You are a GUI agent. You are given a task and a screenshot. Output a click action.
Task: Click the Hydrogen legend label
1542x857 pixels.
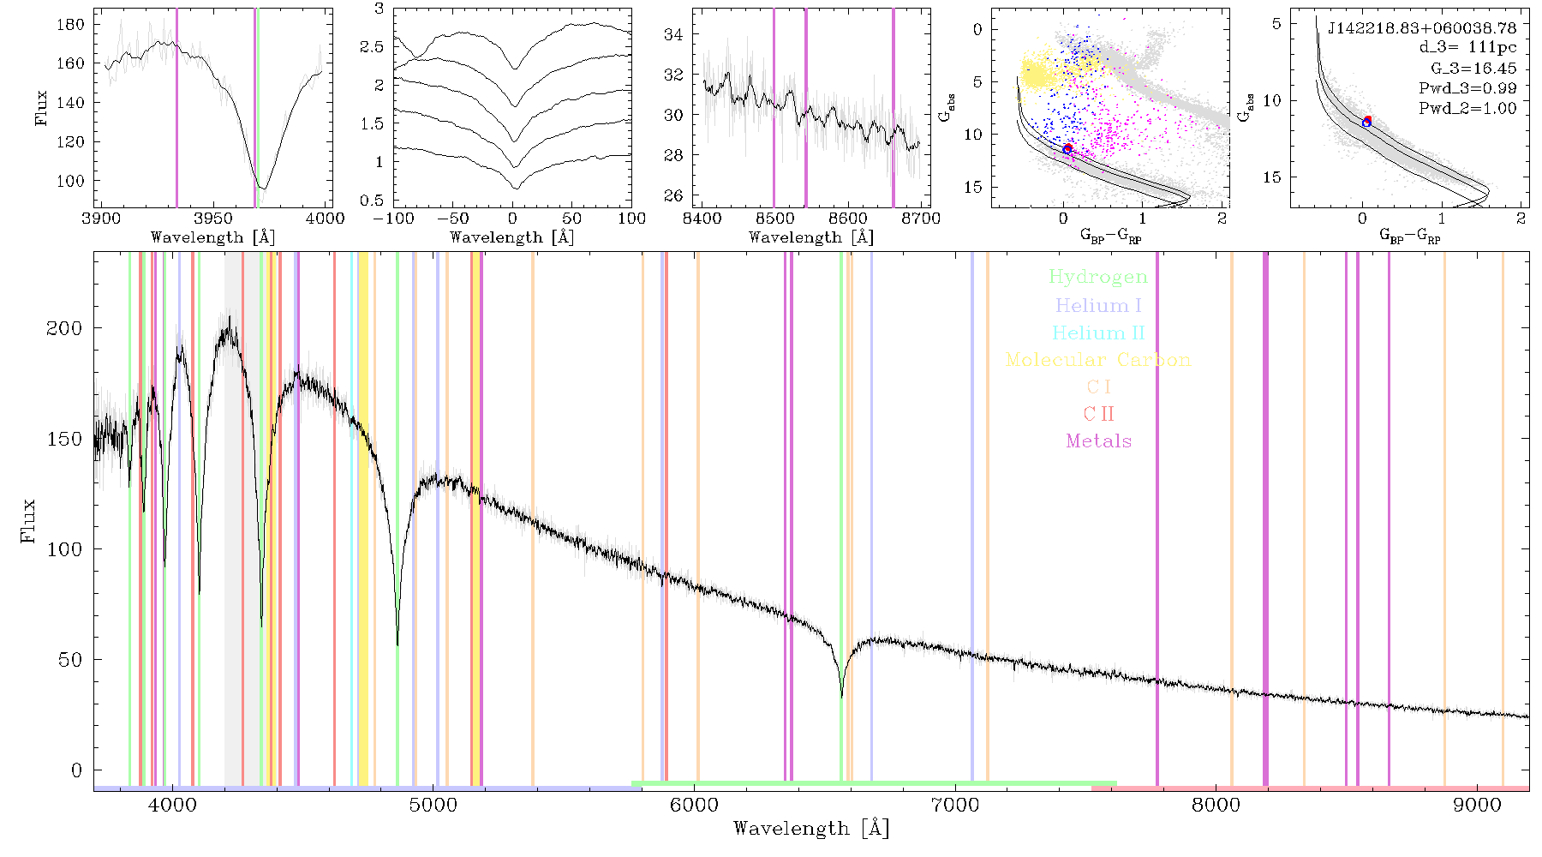pos(1098,277)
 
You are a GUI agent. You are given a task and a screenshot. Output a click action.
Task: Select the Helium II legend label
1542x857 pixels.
pos(1098,333)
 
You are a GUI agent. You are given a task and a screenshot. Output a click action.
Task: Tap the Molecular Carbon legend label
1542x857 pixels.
pos(1098,360)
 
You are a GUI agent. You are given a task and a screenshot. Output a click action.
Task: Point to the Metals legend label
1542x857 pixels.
pos(1099,441)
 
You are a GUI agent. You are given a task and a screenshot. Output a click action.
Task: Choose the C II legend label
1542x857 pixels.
pos(1099,414)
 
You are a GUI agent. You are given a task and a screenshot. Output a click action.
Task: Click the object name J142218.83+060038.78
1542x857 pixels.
pos(1422,28)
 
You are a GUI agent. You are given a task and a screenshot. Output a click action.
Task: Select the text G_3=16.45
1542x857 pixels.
pos(1473,69)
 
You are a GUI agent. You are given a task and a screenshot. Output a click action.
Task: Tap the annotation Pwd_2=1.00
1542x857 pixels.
pos(1467,108)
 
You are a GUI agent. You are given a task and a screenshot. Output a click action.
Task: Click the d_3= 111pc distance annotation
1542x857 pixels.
pos(1467,48)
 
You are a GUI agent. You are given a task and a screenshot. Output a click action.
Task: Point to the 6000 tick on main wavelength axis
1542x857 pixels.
pos(695,805)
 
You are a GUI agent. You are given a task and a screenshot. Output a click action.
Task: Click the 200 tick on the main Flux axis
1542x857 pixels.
pos(64,328)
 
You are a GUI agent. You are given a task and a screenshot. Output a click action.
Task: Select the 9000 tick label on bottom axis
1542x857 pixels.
pos(1477,805)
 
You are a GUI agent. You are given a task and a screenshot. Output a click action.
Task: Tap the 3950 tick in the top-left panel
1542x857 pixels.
pos(213,219)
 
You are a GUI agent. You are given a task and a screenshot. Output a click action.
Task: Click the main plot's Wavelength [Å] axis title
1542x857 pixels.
pos(811,829)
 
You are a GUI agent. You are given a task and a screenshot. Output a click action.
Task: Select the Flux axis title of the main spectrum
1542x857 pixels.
pos(29,520)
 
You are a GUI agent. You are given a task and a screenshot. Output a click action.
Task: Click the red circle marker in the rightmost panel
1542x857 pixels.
pos(1368,120)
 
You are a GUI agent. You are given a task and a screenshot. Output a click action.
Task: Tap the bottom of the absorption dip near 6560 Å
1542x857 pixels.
pos(841,697)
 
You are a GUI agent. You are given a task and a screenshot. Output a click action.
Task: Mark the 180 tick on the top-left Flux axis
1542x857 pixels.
pos(70,24)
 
